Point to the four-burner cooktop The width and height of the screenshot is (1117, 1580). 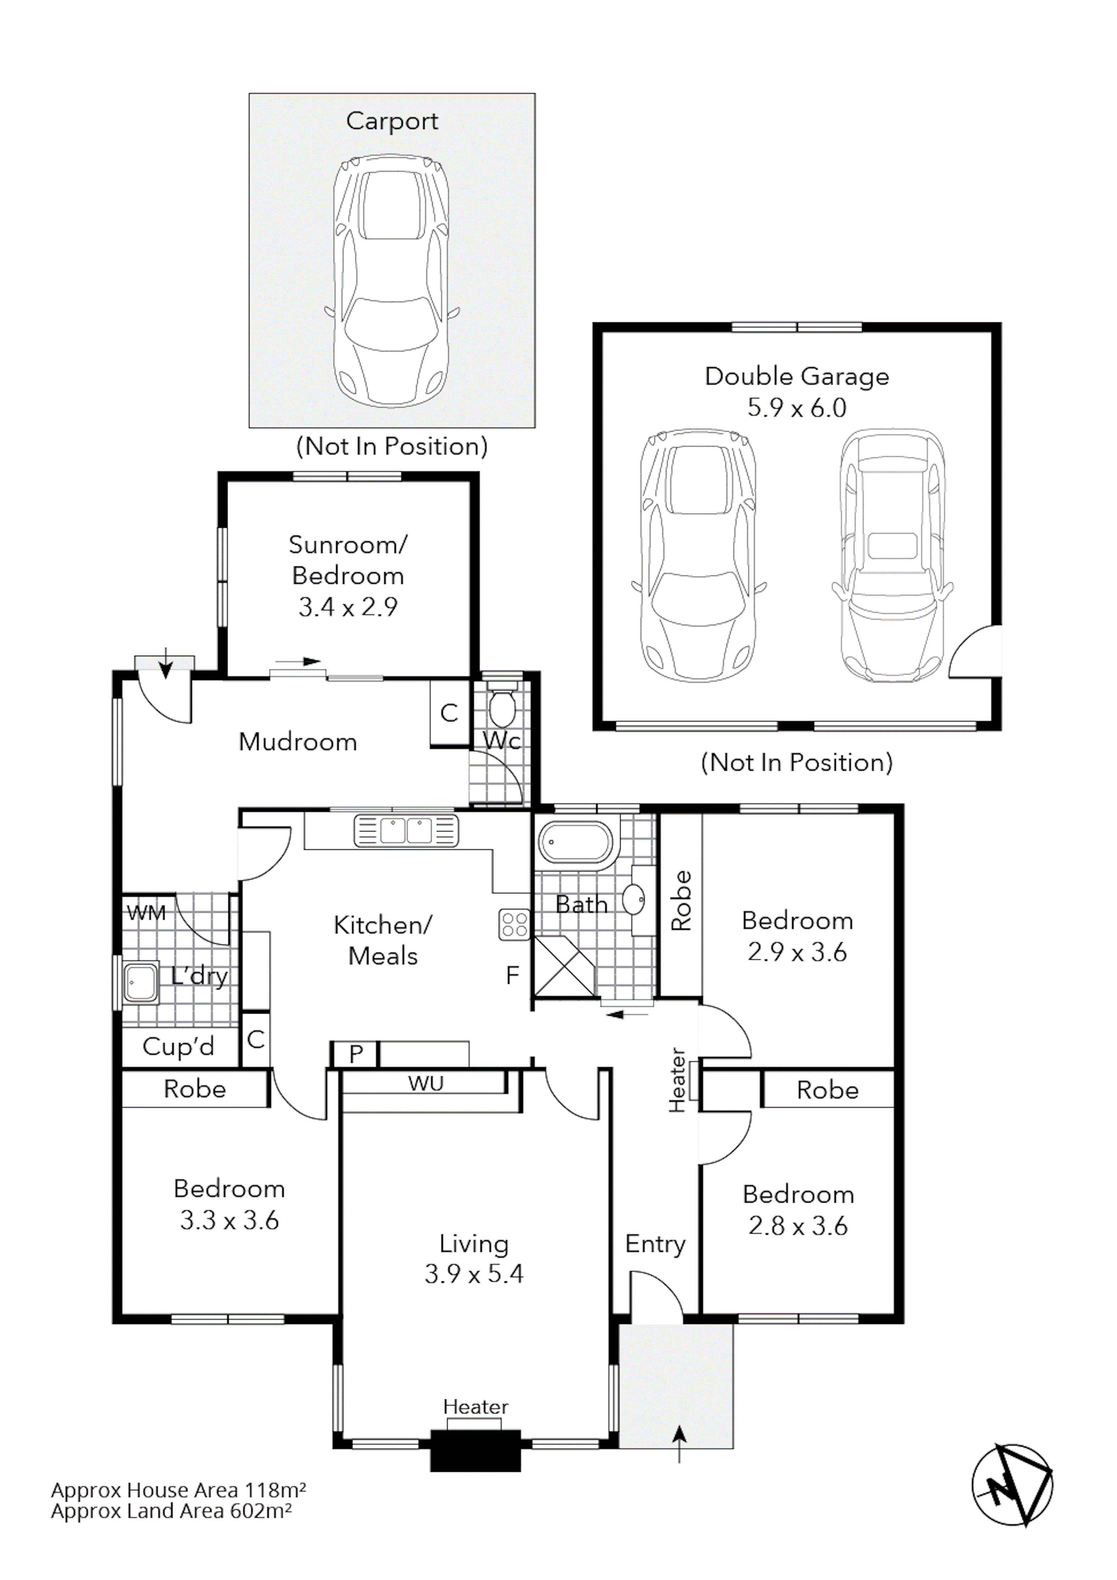click(514, 924)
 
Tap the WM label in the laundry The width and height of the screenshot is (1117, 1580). click(146, 913)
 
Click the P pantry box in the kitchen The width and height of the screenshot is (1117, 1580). click(355, 1054)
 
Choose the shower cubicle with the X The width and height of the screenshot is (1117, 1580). click(564, 965)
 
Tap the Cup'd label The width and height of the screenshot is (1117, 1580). click(178, 1047)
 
